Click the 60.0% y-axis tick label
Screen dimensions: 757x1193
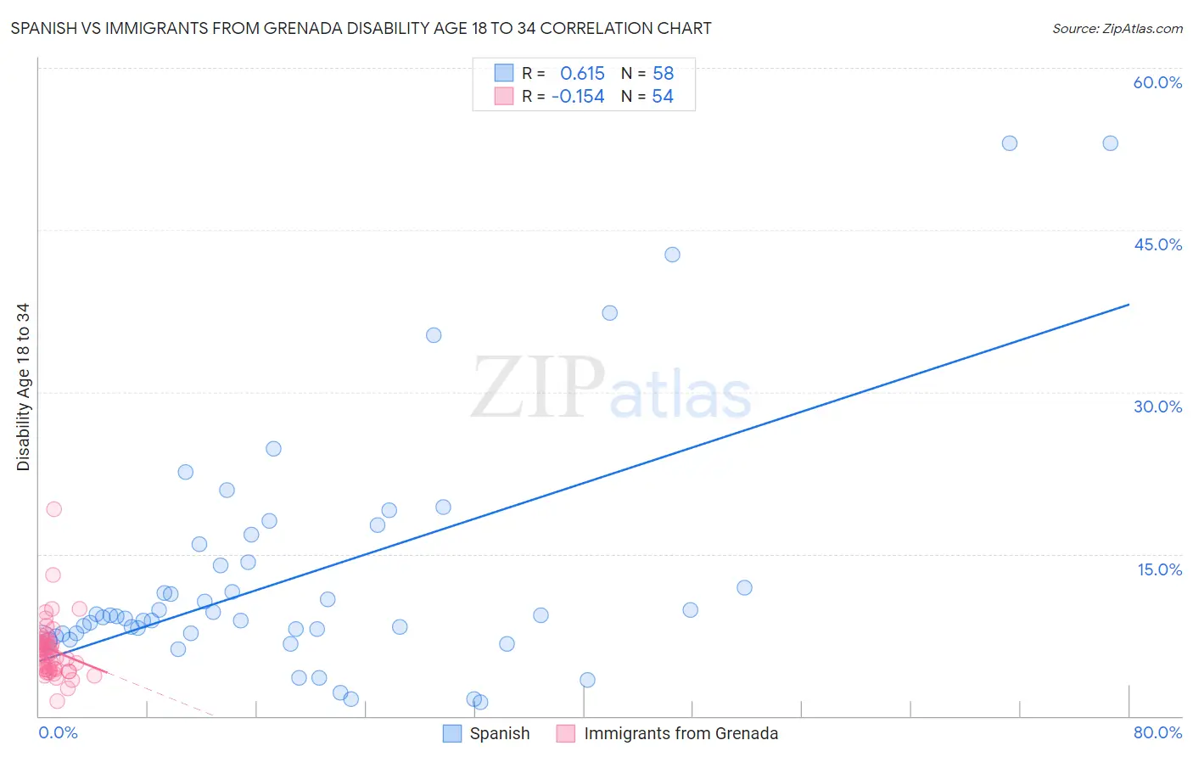click(1157, 82)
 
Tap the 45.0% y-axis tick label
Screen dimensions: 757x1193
click(1157, 244)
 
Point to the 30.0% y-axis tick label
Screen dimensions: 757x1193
click(1157, 407)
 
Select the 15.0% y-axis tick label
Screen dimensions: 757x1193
click(1159, 569)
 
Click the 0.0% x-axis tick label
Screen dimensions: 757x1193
click(58, 732)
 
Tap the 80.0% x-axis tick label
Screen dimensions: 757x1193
click(1157, 732)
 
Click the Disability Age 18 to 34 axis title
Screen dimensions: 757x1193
click(23, 387)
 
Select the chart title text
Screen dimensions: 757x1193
click(361, 28)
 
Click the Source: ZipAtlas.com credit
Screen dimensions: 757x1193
click(1117, 28)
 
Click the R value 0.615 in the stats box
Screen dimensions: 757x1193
click(582, 73)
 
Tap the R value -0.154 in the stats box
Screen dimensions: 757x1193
click(578, 96)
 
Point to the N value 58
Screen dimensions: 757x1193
click(663, 73)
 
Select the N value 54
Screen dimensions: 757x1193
click(663, 96)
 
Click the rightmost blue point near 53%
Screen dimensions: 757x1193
click(1110, 143)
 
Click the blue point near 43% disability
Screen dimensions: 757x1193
click(672, 255)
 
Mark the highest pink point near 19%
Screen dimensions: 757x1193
click(53, 509)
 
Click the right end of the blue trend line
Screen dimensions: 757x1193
click(1129, 304)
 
